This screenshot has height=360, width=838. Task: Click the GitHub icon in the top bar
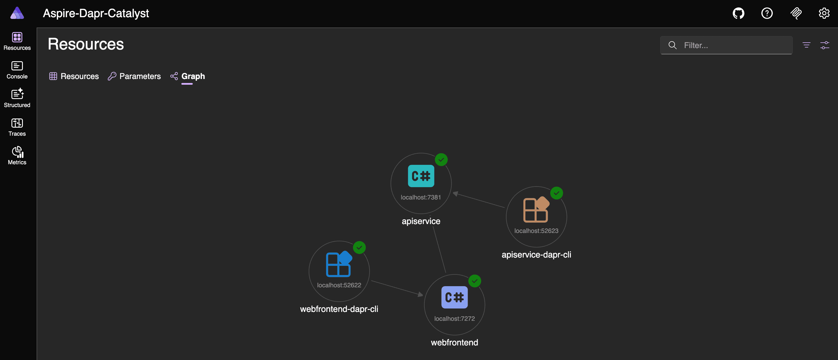pyautogui.click(x=738, y=13)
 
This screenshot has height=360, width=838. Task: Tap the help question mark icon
pyautogui.click(x=767, y=13)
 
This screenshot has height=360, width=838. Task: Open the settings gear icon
pyautogui.click(x=824, y=13)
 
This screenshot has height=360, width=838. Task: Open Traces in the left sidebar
pyautogui.click(x=17, y=127)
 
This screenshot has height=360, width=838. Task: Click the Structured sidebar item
pyautogui.click(x=17, y=99)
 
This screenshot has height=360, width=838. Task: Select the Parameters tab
pyautogui.click(x=134, y=76)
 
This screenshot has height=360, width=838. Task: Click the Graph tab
pyautogui.click(x=188, y=76)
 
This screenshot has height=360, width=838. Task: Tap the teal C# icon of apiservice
pyautogui.click(x=421, y=176)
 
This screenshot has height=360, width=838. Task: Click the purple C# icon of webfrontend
pyautogui.click(x=454, y=297)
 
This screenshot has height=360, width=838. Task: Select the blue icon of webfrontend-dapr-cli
pyautogui.click(x=339, y=264)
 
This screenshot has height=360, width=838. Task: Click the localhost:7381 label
pyautogui.click(x=421, y=197)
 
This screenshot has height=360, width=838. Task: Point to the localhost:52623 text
pyautogui.click(x=536, y=231)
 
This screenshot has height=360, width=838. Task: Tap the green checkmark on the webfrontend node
pyautogui.click(x=474, y=281)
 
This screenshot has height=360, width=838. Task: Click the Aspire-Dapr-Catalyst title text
pyautogui.click(x=96, y=13)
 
